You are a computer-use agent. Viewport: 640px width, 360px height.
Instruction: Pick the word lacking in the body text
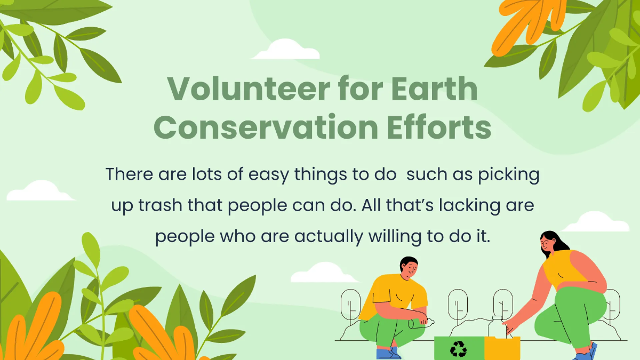coord(458,205)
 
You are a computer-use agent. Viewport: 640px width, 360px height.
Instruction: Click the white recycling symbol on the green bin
coord(458,349)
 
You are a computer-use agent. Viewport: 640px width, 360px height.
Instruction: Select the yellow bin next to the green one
coord(502,348)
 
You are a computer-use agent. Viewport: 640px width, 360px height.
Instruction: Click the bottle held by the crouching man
coord(421,322)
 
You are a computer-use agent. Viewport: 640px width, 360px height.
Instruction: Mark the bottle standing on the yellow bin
coord(496,326)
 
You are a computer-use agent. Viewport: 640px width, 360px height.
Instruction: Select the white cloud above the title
coord(285,51)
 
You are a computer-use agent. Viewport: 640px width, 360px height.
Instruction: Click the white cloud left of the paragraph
coord(40,191)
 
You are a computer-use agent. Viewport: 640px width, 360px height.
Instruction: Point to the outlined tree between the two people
coord(458,307)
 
